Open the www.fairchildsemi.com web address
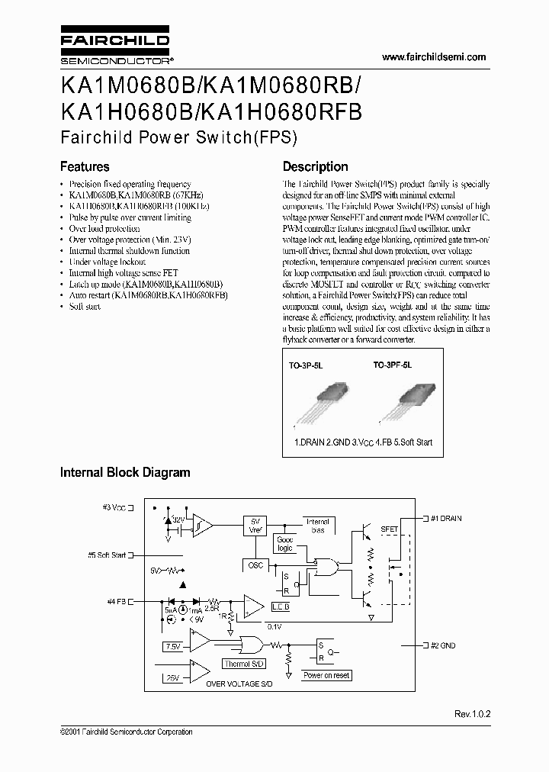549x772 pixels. (x=433, y=57)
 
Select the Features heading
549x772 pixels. (x=85, y=166)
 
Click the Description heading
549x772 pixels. (x=315, y=166)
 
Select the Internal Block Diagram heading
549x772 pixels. (x=125, y=473)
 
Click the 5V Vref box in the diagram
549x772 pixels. (x=255, y=526)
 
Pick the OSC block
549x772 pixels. (x=255, y=565)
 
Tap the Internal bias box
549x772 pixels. (x=317, y=526)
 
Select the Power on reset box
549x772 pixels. (x=326, y=675)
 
